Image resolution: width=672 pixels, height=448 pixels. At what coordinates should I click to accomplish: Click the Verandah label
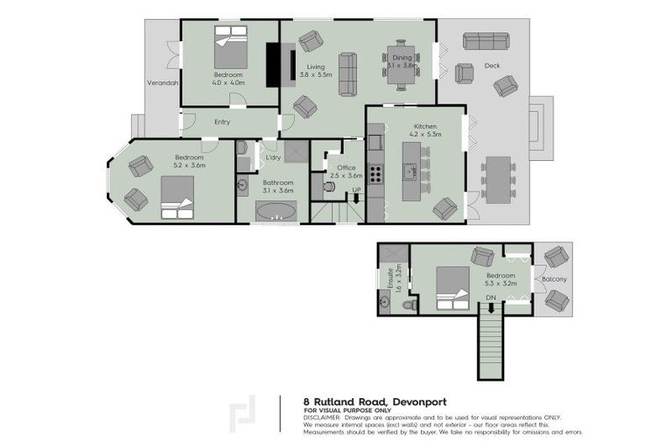tap(162, 83)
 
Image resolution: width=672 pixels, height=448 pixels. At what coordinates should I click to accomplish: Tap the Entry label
tap(222, 122)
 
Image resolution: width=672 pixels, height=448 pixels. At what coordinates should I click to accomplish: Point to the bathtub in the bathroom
tap(276, 211)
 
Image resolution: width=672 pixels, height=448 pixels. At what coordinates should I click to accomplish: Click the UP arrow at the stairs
tap(356, 191)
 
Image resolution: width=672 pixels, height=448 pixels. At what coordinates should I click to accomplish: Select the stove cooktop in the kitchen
tap(375, 172)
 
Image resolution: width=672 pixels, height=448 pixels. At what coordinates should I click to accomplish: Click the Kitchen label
tap(425, 126)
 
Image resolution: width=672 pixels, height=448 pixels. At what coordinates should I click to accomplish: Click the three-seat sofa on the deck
tap(487, 41)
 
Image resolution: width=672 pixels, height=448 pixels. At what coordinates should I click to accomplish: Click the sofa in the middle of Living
tap(347, 74)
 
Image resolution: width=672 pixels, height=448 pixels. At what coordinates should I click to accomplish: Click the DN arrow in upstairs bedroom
tap(492, 298)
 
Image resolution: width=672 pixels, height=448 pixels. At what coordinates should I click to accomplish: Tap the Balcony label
tap(553, 279)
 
